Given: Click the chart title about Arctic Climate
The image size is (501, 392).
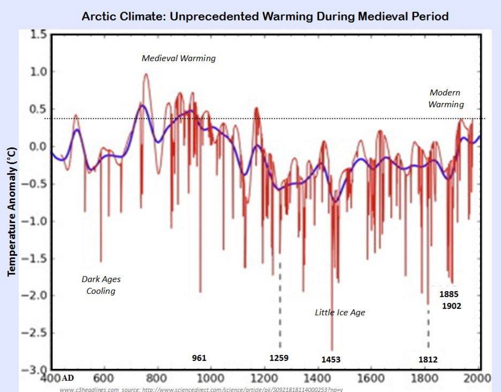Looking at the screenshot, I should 265,16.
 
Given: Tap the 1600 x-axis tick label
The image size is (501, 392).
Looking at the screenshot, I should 370,378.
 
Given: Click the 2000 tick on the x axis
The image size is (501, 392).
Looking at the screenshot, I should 478,378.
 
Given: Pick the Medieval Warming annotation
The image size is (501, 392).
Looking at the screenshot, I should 179,58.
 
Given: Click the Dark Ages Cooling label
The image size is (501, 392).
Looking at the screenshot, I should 101,285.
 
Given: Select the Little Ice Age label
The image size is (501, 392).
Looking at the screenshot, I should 340,312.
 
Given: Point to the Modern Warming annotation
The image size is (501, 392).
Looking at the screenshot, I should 446,99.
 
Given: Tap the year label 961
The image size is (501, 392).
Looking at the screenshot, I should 199,358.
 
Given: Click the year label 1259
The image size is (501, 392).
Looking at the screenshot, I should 279,358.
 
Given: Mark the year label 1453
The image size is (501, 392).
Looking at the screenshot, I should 331,360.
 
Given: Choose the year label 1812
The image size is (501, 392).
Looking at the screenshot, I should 428,359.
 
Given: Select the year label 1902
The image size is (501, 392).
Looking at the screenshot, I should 451,306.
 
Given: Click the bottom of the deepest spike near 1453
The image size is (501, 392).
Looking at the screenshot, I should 332,350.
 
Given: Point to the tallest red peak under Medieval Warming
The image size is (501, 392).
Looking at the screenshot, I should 146,74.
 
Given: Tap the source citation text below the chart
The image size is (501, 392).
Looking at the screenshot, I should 200,389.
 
